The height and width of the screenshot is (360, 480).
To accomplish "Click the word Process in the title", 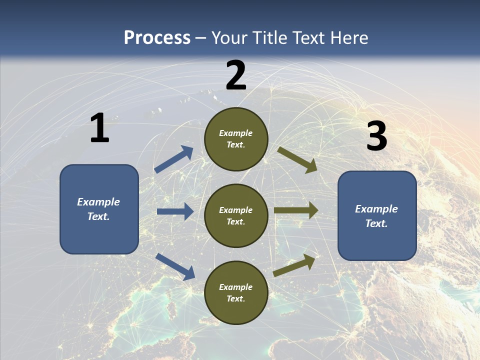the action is [x=157, y=37].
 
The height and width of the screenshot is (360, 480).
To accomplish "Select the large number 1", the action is [x=99, y=128].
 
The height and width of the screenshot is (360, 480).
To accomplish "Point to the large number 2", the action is [x=236, y=75].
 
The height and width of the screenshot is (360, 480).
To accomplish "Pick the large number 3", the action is [x=376, y=136].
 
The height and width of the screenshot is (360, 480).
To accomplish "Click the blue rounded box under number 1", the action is [x=99, y=209].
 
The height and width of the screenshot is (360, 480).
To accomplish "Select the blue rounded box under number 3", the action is [x=377, y=215].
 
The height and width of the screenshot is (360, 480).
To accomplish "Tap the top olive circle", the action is [x=236, y=139].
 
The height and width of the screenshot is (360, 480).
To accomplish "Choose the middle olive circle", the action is [x=236, y=215].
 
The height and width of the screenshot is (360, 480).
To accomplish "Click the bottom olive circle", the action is [x=236, y=292].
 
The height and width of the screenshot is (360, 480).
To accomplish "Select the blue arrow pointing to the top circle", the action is [x=174, y=159].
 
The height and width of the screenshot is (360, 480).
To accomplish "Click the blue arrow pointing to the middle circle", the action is [x=175, y=211].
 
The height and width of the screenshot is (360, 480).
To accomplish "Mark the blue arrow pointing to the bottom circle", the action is [x=175, y=266].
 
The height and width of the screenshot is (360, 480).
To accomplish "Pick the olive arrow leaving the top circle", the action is [x=297, y=159].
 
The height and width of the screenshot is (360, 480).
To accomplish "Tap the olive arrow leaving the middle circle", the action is [x=296, y=210].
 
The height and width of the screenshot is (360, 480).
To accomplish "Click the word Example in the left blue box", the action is [x=98, y=202].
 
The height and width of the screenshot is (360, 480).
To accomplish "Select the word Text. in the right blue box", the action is [x=376, y=223].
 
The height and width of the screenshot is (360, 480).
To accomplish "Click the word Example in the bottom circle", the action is [x=236, y=287].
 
